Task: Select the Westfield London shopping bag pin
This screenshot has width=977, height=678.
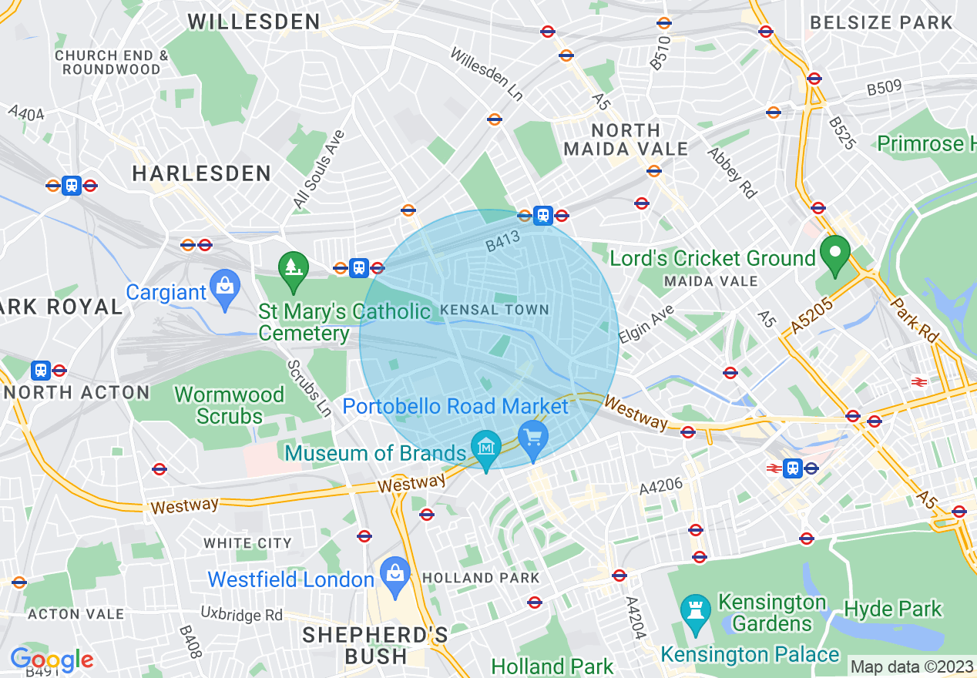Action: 395,574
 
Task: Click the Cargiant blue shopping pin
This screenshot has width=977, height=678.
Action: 224,287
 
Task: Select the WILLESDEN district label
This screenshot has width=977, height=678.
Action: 254,22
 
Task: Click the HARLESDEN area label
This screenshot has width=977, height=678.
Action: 202,173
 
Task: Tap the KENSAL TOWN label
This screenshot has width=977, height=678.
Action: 495,310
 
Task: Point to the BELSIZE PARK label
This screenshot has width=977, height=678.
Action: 881,22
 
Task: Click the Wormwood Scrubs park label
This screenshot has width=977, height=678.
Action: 230,405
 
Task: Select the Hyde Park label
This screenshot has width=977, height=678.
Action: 893,609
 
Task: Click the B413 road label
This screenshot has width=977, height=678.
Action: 503,241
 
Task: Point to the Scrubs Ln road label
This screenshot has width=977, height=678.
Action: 309,388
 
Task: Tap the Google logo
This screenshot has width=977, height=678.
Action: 52,660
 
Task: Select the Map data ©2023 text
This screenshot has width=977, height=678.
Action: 911,666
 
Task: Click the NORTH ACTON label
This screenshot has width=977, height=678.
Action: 77,392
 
